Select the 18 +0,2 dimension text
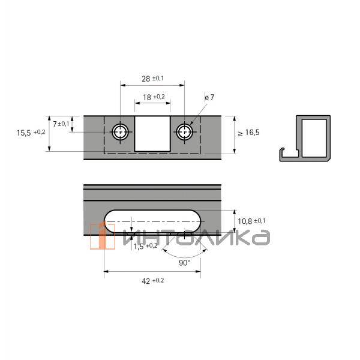pos(154,97)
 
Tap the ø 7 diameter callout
pos(209,97)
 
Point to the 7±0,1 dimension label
pos(61,124)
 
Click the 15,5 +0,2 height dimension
pos(31,133)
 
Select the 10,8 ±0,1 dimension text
pos(252,221)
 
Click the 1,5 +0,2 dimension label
pos(145,246)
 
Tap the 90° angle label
pos(184,262)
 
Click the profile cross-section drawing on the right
pos(306,139)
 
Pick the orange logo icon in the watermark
pos(102,236)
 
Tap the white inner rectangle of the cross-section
pos(314,139)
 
